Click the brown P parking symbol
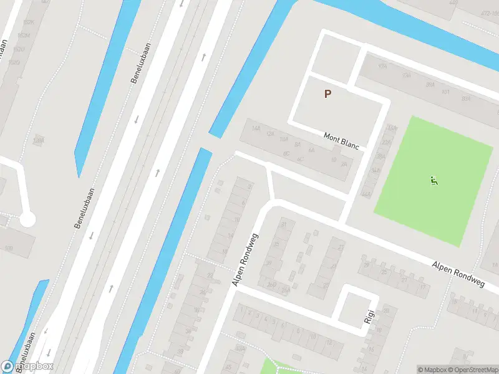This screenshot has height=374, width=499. click(327, 93)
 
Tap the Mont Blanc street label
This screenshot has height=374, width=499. click(341, 140)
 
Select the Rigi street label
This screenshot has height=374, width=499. click(369, 317)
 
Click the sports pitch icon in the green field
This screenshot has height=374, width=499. click(434, 181)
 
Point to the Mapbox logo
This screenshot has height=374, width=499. click(28, 366)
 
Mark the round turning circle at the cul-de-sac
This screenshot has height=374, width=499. click(27, 219)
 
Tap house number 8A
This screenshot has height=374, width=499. click(298, 145)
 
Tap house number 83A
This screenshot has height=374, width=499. click(465, 99)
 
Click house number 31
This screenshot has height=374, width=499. click(284, 224)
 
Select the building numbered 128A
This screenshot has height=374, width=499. click(39, 141)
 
